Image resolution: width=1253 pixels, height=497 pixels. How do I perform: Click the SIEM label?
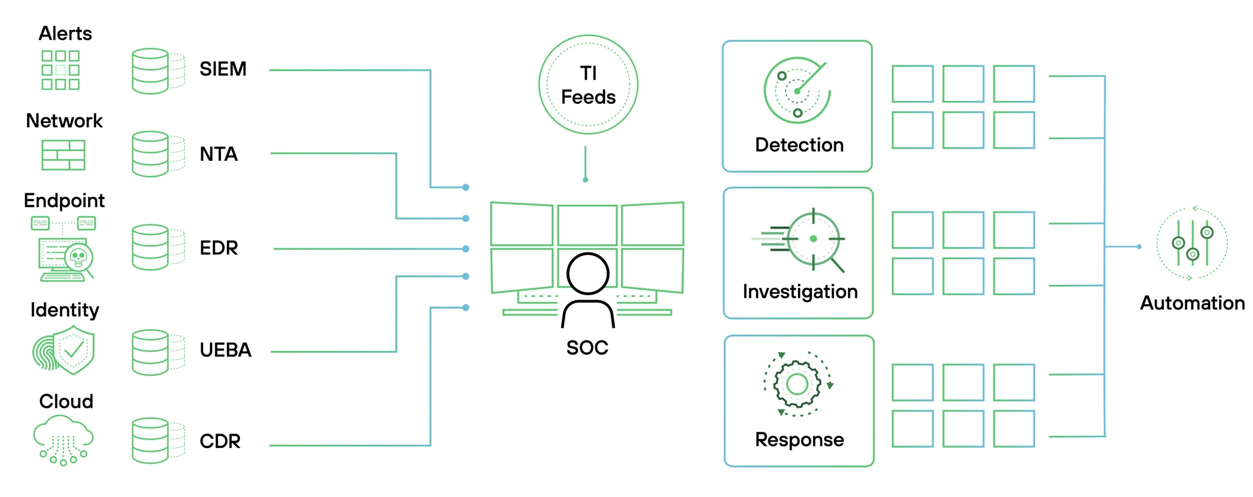click(223, 69)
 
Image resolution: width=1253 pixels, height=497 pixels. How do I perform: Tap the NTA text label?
click(218, 154)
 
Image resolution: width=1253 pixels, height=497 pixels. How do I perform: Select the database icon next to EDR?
click(151, 248)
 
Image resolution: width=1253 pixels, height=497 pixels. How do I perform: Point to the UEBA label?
click(225, 350)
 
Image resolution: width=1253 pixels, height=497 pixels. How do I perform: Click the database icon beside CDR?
click(151, 440)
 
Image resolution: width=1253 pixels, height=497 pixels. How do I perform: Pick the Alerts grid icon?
click(61, 70)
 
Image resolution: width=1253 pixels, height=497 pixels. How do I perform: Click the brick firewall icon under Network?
click(64, 155)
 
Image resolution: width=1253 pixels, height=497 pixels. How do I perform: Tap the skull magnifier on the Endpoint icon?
click(79, 257)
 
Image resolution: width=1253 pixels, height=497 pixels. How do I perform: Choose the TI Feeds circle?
click(588, 85)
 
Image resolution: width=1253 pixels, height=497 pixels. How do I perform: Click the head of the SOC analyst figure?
click(587, 274)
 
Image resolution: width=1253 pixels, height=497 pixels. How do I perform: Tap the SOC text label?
click(587, 348)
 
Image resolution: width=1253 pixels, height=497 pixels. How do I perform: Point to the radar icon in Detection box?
click(797, 90)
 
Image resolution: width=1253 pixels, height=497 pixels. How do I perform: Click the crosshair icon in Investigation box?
click(812, 239)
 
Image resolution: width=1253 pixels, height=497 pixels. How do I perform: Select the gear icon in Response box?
click(797, 385)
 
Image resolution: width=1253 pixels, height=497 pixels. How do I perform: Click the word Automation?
click(1192, 303)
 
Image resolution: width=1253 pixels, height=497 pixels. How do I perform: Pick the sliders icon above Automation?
click(1192, 243)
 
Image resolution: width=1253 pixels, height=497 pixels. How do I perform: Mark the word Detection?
click(799, 145)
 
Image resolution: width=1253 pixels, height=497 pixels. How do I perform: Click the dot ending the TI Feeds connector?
click(586, 180)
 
